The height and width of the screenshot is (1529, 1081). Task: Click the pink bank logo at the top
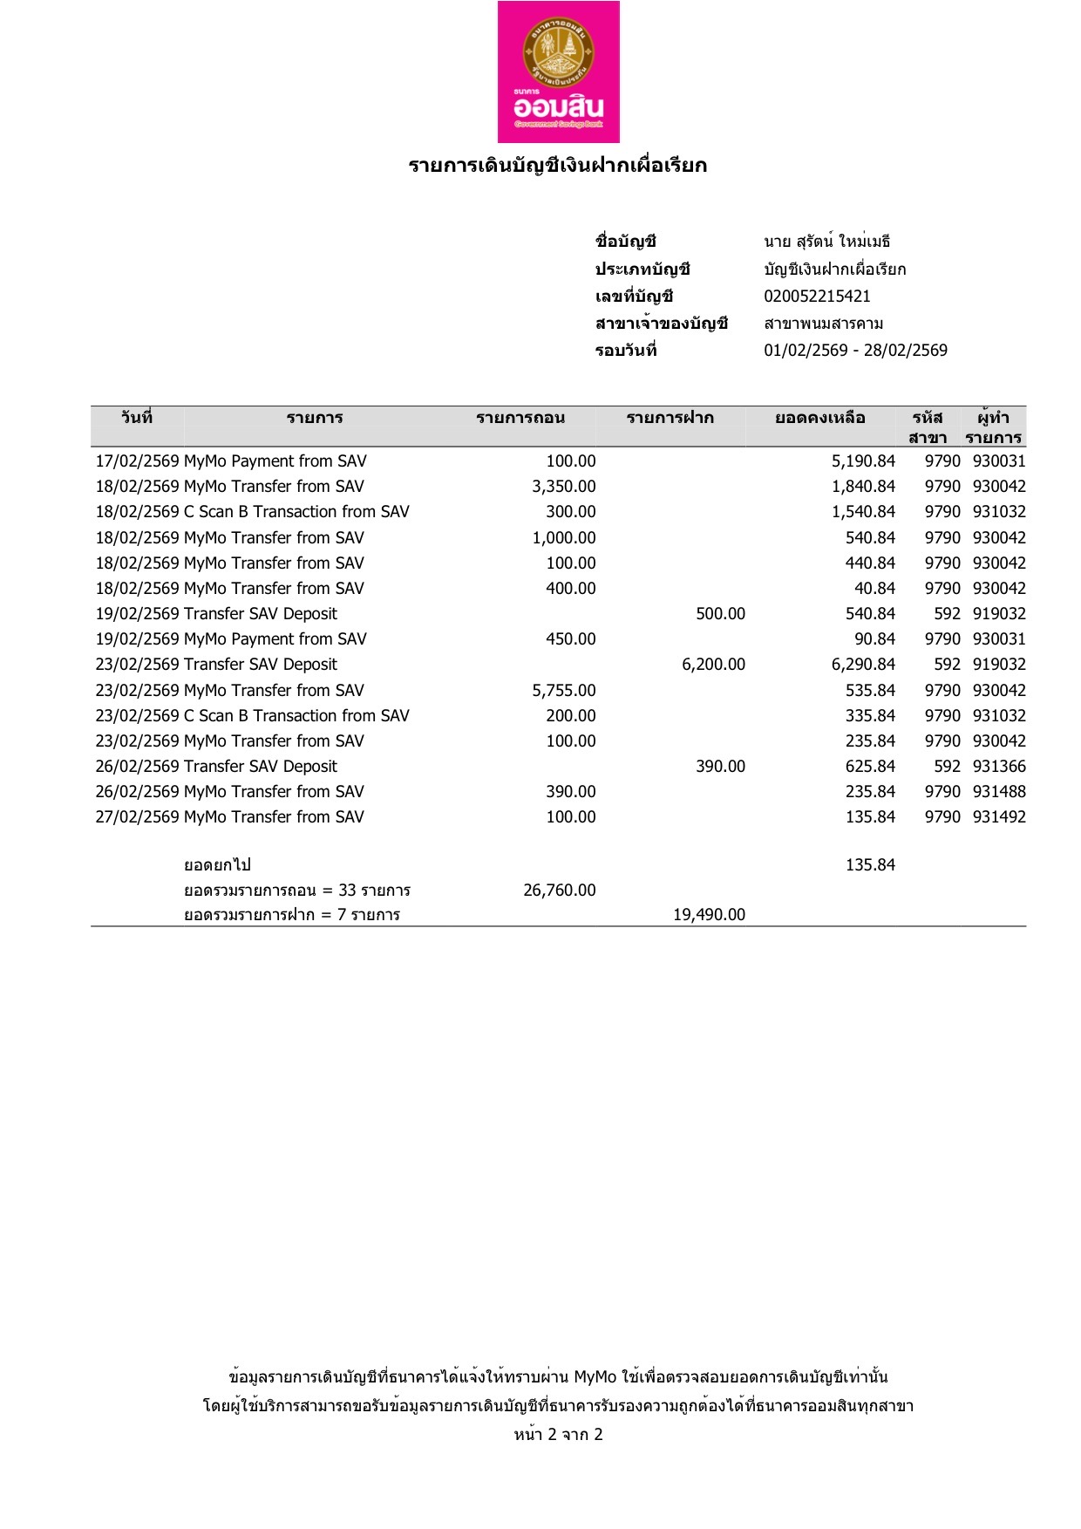(558, 72)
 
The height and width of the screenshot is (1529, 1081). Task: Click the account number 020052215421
(817, 297)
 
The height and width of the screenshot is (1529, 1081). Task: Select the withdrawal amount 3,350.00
(564, 487)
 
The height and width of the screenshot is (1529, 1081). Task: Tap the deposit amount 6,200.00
(713, 665)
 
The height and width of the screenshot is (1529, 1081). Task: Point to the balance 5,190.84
(863, 461)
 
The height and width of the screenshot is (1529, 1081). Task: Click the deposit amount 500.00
(720, 614)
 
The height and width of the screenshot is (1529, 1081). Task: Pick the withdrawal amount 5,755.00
(564, 691)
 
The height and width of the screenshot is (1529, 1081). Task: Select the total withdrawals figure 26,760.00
(560, 891)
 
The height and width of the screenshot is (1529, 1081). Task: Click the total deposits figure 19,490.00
(709, 915)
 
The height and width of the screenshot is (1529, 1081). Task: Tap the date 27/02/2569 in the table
(137, 817)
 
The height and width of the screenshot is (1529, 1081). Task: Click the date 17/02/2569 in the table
(137, 461)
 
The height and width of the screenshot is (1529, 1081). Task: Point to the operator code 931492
(999, 817)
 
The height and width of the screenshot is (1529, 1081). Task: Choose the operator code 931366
(999, 767)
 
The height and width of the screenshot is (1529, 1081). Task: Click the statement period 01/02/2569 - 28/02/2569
(855, 351)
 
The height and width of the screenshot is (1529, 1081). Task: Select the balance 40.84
(874, 589)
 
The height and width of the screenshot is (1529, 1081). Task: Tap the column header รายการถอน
(520, 419)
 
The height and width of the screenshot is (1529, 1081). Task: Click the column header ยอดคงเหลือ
(819, 419)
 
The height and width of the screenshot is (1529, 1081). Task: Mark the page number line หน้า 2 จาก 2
(558, 1435)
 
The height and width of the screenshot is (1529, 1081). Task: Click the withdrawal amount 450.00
(571, 639)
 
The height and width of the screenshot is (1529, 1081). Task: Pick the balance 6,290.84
(863, 665)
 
